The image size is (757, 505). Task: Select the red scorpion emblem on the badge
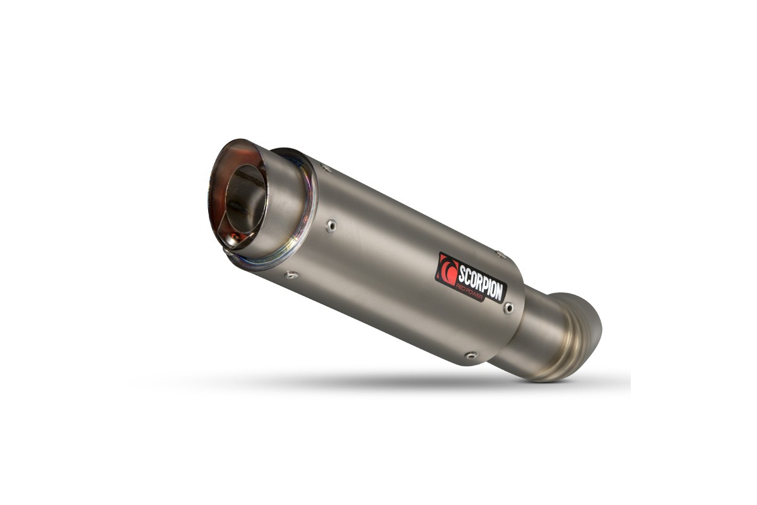coord(447,269)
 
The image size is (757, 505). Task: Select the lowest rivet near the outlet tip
coord(290,275)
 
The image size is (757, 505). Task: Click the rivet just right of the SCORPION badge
coord(508,307)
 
